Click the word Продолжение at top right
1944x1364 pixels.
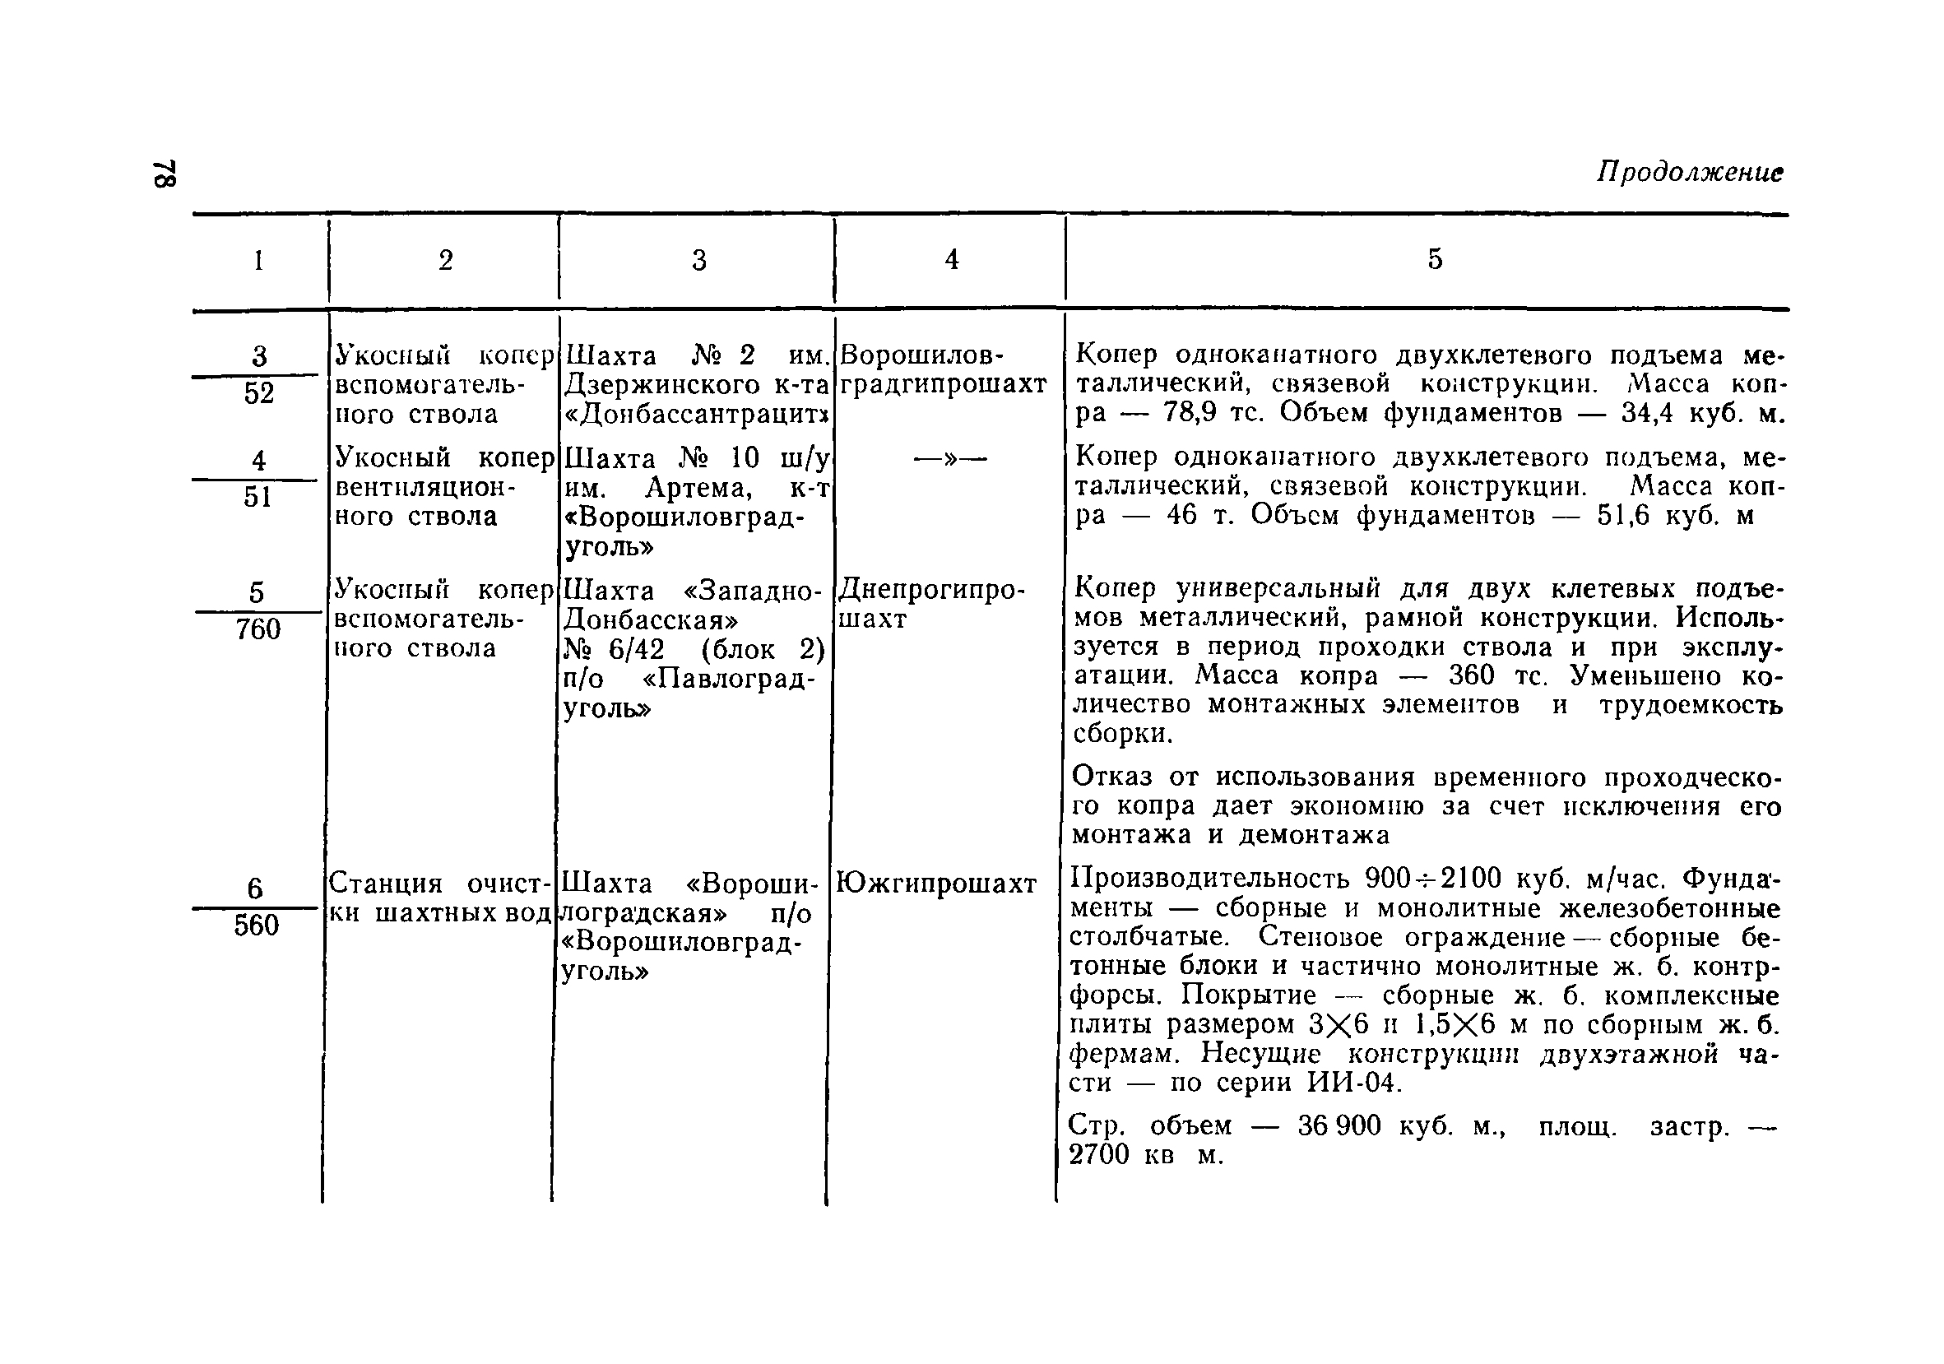1689,173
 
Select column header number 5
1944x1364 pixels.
1434,259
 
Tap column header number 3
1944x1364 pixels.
698,260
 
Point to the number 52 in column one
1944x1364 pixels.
259,393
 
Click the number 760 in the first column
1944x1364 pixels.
258,629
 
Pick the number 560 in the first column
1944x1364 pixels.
257,926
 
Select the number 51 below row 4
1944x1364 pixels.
258,497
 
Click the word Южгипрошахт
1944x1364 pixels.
935,884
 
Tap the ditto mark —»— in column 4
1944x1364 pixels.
950,459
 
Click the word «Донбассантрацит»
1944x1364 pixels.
696,415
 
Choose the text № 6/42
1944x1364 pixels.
615,649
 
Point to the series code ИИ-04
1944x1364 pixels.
1354,1083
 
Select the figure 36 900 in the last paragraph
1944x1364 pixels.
1339,1125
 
